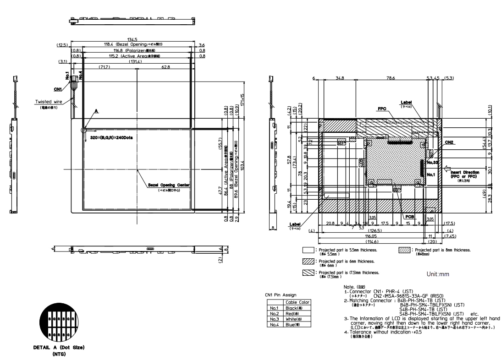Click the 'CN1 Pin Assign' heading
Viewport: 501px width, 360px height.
coord(282,295)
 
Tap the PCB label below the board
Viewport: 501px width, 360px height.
coord(409,216)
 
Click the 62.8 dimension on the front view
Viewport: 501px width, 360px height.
coord(165,67)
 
